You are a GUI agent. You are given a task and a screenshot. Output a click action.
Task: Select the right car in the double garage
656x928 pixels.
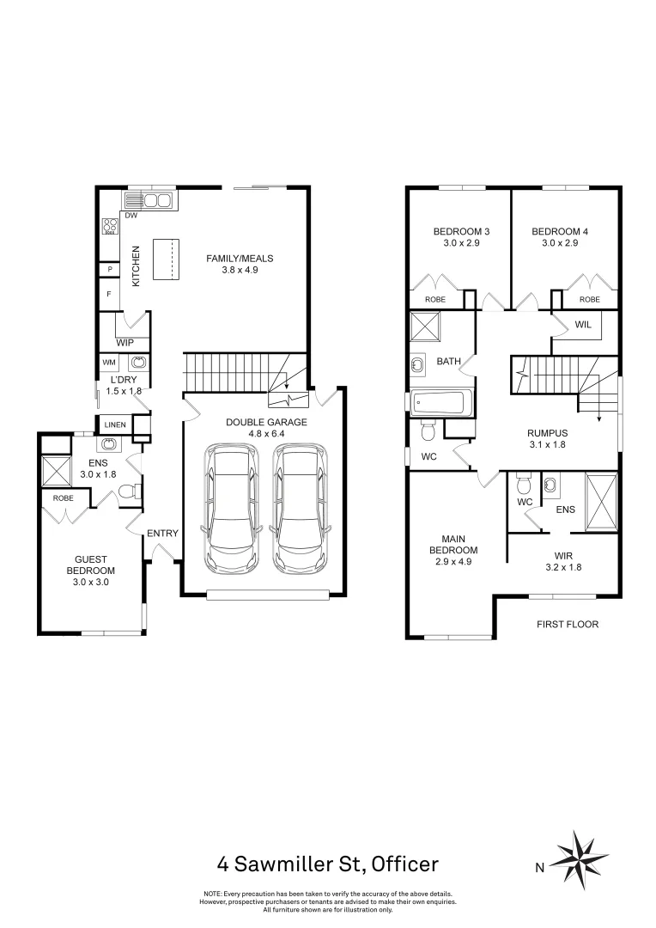297,509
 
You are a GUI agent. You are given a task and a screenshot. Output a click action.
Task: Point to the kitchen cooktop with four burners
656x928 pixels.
111,226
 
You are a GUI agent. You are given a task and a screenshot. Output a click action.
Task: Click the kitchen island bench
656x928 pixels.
167,259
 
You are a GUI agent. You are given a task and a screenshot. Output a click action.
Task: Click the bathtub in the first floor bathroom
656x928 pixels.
440,402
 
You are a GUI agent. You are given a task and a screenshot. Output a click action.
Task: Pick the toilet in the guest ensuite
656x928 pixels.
126,492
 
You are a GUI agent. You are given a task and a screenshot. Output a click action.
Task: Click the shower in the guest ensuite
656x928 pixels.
58,473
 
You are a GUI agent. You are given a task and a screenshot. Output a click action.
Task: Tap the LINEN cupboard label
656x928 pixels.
115,424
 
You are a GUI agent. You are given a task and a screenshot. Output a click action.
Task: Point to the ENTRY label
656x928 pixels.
162,534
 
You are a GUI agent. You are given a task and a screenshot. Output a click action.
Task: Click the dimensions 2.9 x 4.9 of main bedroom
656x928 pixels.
453,561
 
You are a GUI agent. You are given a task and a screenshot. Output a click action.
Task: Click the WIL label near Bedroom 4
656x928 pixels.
583,324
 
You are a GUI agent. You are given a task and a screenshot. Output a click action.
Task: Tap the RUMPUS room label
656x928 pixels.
548,433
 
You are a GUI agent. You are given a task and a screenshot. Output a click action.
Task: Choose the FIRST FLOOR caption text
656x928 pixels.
567,625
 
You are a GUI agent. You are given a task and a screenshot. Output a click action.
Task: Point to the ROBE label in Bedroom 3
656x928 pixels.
435,299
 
